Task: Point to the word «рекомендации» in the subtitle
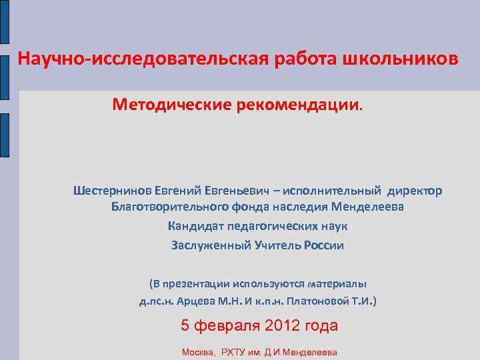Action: tap(295, 105)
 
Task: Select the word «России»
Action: tap(323, 245)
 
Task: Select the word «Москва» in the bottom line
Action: tap(198, 352)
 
